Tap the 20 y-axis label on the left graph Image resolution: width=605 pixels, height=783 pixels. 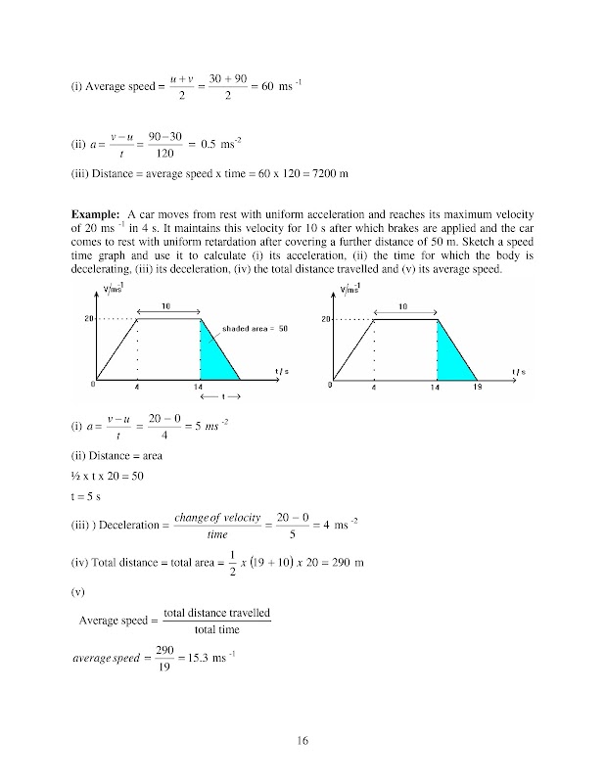coord(89,319)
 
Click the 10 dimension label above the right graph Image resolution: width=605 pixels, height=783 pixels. coord(404,305)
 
